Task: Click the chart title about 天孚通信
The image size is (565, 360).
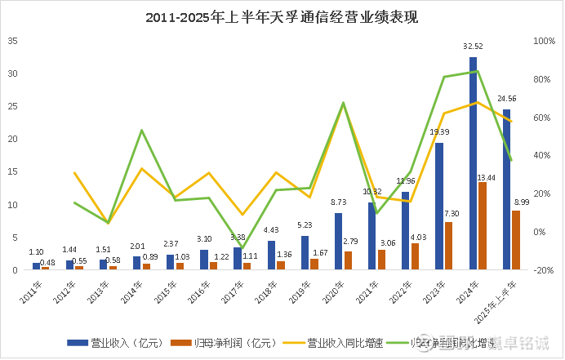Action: point(282,16)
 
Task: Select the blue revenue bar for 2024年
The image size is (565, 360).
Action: point(473,163)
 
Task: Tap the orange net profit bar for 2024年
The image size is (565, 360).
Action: point(483,225)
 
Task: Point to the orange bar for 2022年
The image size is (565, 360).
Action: point(416,256)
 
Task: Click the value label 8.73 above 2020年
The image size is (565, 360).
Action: point(339,202)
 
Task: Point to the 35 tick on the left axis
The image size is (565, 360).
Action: point(13,41)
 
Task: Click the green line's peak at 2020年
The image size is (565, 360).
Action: point(343,103)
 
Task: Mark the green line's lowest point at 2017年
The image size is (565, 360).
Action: point(242,248)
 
